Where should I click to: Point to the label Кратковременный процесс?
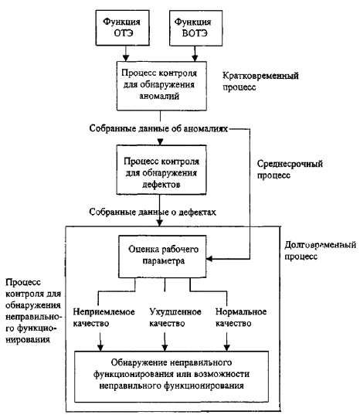coord(260,81)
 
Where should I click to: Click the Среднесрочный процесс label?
coord(290,169)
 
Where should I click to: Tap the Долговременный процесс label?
coord(320,250)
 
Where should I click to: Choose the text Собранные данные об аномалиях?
coord(158,128)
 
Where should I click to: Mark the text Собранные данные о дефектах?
coord(152,212)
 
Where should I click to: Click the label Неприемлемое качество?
coord(104,318)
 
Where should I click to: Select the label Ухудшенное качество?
coord(175,318)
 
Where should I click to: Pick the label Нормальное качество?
coord(241,318)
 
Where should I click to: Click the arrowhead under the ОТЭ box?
coord(126,58)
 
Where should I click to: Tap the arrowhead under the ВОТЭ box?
coord(195,58)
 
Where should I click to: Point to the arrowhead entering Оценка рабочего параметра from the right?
coord(209,259)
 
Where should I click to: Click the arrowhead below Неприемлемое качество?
coord(100,348)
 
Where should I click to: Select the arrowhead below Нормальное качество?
coord(227,348)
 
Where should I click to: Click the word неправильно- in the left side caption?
coord(33,317)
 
